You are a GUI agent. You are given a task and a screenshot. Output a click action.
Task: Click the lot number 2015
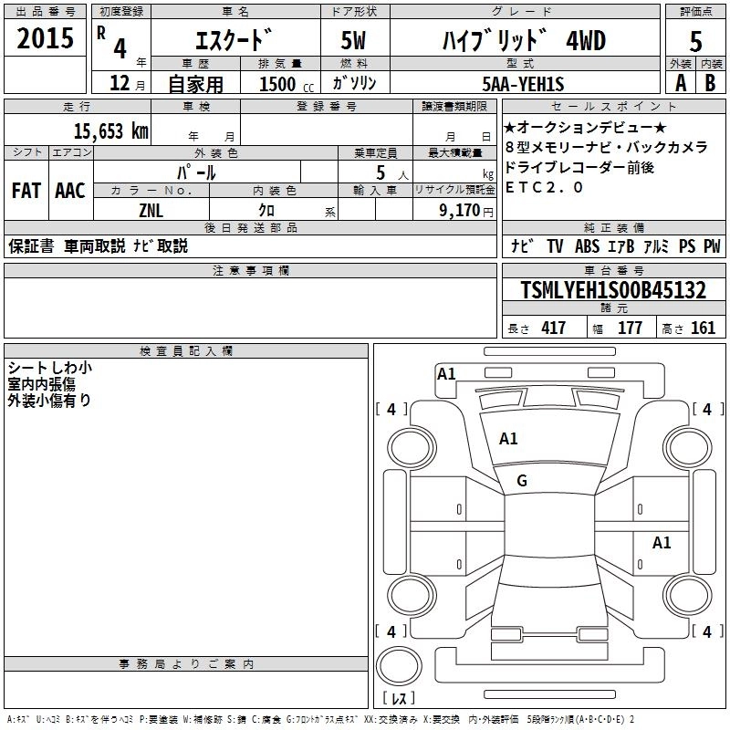tap(45, 38)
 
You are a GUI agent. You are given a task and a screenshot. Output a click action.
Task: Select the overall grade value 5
tap(695, 41)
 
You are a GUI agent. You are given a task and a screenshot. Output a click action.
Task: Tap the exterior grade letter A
tap(681, 83)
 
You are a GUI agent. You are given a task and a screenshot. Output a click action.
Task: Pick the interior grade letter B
tap(710, 83)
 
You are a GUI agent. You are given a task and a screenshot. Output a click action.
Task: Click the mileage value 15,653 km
tap(110, 131)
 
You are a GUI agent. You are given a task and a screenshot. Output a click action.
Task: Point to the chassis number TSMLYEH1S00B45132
tap(613, 290)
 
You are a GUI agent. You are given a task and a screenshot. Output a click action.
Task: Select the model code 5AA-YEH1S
tap(523, 84)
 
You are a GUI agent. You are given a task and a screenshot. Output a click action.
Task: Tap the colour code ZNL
tap(151, 211)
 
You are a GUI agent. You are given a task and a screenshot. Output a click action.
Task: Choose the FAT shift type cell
tap(26, 191)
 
